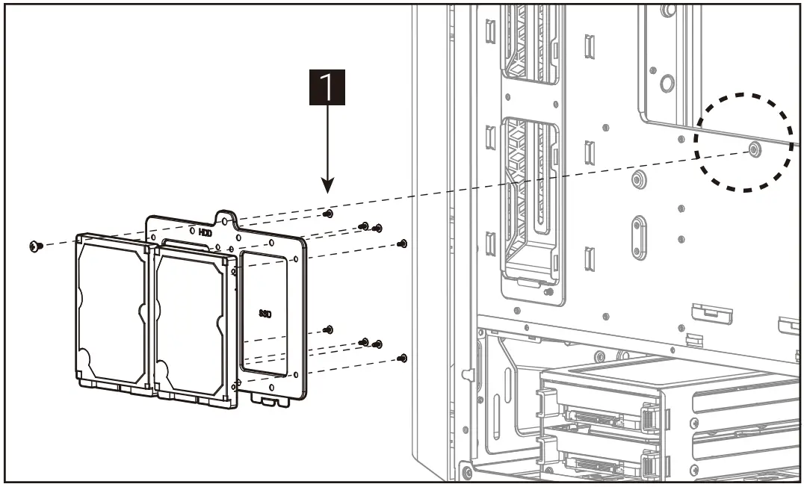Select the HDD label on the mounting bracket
[x=205, y=232]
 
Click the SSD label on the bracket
[x=265, y=314]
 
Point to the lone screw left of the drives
[x=34, y=246]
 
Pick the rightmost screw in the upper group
[x=403, y=243]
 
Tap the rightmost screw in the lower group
[x=403, y=359]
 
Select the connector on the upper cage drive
[x=590, y=415]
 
